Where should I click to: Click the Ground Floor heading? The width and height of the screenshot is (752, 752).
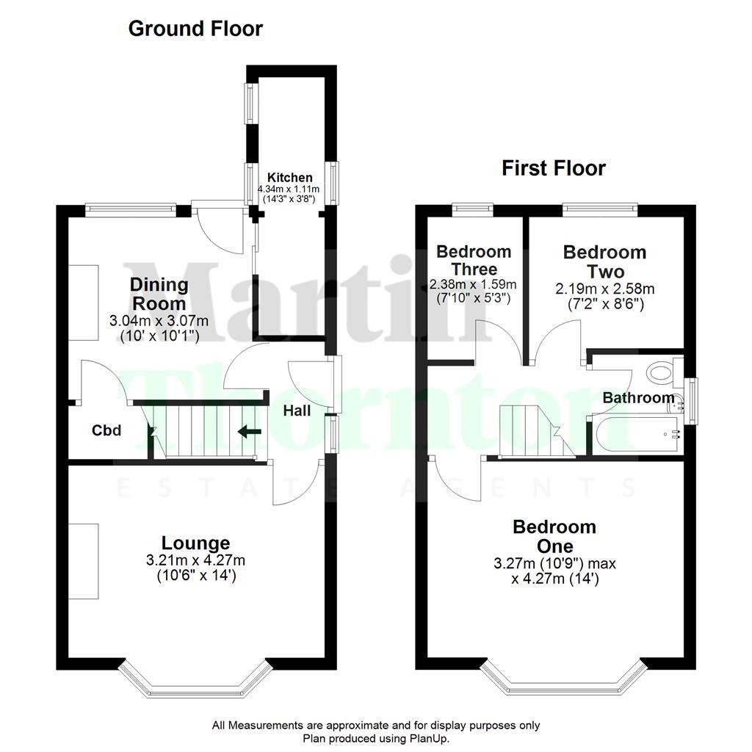pos(195,29)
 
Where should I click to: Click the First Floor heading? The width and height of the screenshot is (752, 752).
pos(554,168)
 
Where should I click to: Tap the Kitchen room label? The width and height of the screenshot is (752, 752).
pos(289,178)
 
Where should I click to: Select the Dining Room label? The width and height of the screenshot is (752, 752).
pos(159,294)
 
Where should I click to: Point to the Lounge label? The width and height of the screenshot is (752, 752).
pos(196,543)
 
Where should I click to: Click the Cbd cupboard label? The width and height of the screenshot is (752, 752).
pos(106,431)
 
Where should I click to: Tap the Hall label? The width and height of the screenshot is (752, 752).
pos(297,411)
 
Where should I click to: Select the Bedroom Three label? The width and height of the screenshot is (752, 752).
pos(474,260)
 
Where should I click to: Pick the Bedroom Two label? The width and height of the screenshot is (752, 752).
pos(604,261)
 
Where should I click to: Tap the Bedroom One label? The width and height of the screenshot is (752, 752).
pos(554,537)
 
